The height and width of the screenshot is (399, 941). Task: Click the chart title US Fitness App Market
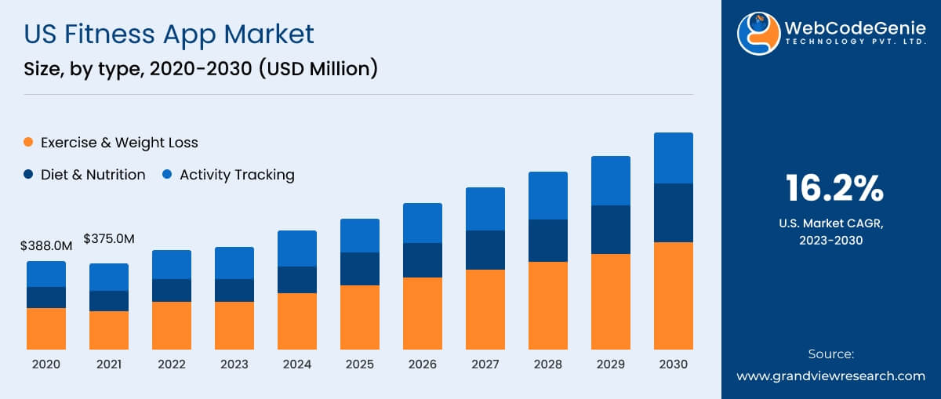click(169, 34)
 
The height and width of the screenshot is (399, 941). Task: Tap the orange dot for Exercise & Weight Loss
click(29, 143)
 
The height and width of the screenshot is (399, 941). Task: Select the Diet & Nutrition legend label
click(93, 175)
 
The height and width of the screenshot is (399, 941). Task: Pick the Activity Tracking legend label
click(237, 175)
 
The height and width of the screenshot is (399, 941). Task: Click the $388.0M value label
click(46, 246)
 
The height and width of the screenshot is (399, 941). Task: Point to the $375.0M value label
click(109, 238)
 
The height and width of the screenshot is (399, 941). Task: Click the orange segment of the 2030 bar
click(673, 296)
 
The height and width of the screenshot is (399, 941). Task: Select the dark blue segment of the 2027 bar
click(485, 250)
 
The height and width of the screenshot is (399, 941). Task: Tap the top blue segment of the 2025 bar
click(359, 235)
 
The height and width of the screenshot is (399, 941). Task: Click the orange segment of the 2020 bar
click(46, 328)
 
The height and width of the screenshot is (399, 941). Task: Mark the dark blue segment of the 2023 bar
click(234, 290)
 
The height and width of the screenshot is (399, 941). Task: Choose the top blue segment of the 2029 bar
click(610, 180)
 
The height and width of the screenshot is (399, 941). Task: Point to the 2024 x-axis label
click(296, 365)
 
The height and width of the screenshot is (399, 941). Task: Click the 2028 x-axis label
click(547, 365)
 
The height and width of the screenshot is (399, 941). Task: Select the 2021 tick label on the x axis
click(109, 365)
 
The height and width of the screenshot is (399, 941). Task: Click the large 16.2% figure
click(834, 189)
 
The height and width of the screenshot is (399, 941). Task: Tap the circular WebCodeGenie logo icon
click(759, 33)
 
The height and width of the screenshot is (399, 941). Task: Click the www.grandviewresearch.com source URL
click(830, 376)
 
